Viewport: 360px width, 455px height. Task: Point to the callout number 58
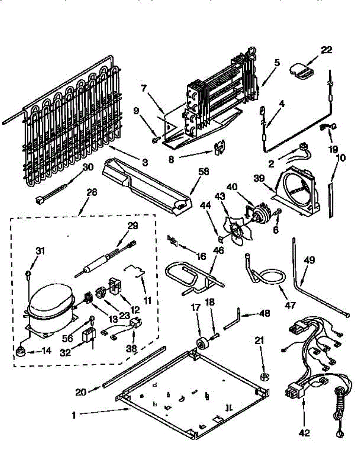(x=204, y=172)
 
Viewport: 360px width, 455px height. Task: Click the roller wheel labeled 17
(x=200, y=344)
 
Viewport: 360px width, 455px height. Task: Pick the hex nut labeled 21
(x=263, y=376)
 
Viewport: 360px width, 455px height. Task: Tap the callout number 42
(x=304, y=433)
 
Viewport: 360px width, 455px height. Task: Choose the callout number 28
(x=92, y=192)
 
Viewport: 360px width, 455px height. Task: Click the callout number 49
(x=309, y=260)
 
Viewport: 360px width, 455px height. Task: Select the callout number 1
(x=74, y=415)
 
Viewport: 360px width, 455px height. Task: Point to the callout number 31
(x=40, y=250)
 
